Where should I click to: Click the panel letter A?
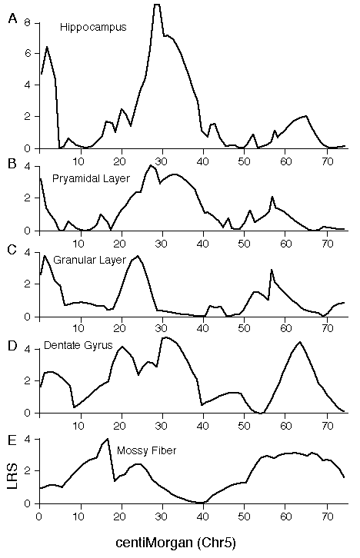click(12, 18)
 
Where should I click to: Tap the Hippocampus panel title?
click(93, 28)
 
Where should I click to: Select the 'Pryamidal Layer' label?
click(91, 178)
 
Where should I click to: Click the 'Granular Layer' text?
click(90, 260)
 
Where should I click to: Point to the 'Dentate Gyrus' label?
click(78, 345)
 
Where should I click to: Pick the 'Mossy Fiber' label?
click(147, 450)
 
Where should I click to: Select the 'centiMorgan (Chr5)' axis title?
click(175, 543)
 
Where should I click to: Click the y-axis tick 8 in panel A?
click(28, 23)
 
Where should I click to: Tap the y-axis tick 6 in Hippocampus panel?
click(28, 53)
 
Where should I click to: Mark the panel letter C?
click(12, 250)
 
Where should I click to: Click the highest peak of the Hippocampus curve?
click(157, 5)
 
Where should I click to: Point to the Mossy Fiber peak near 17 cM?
click(107, 439)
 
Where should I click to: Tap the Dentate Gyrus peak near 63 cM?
click(300, 342)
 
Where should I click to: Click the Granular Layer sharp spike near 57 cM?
click(272, 270)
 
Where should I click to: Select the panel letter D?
click(12, 346)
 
